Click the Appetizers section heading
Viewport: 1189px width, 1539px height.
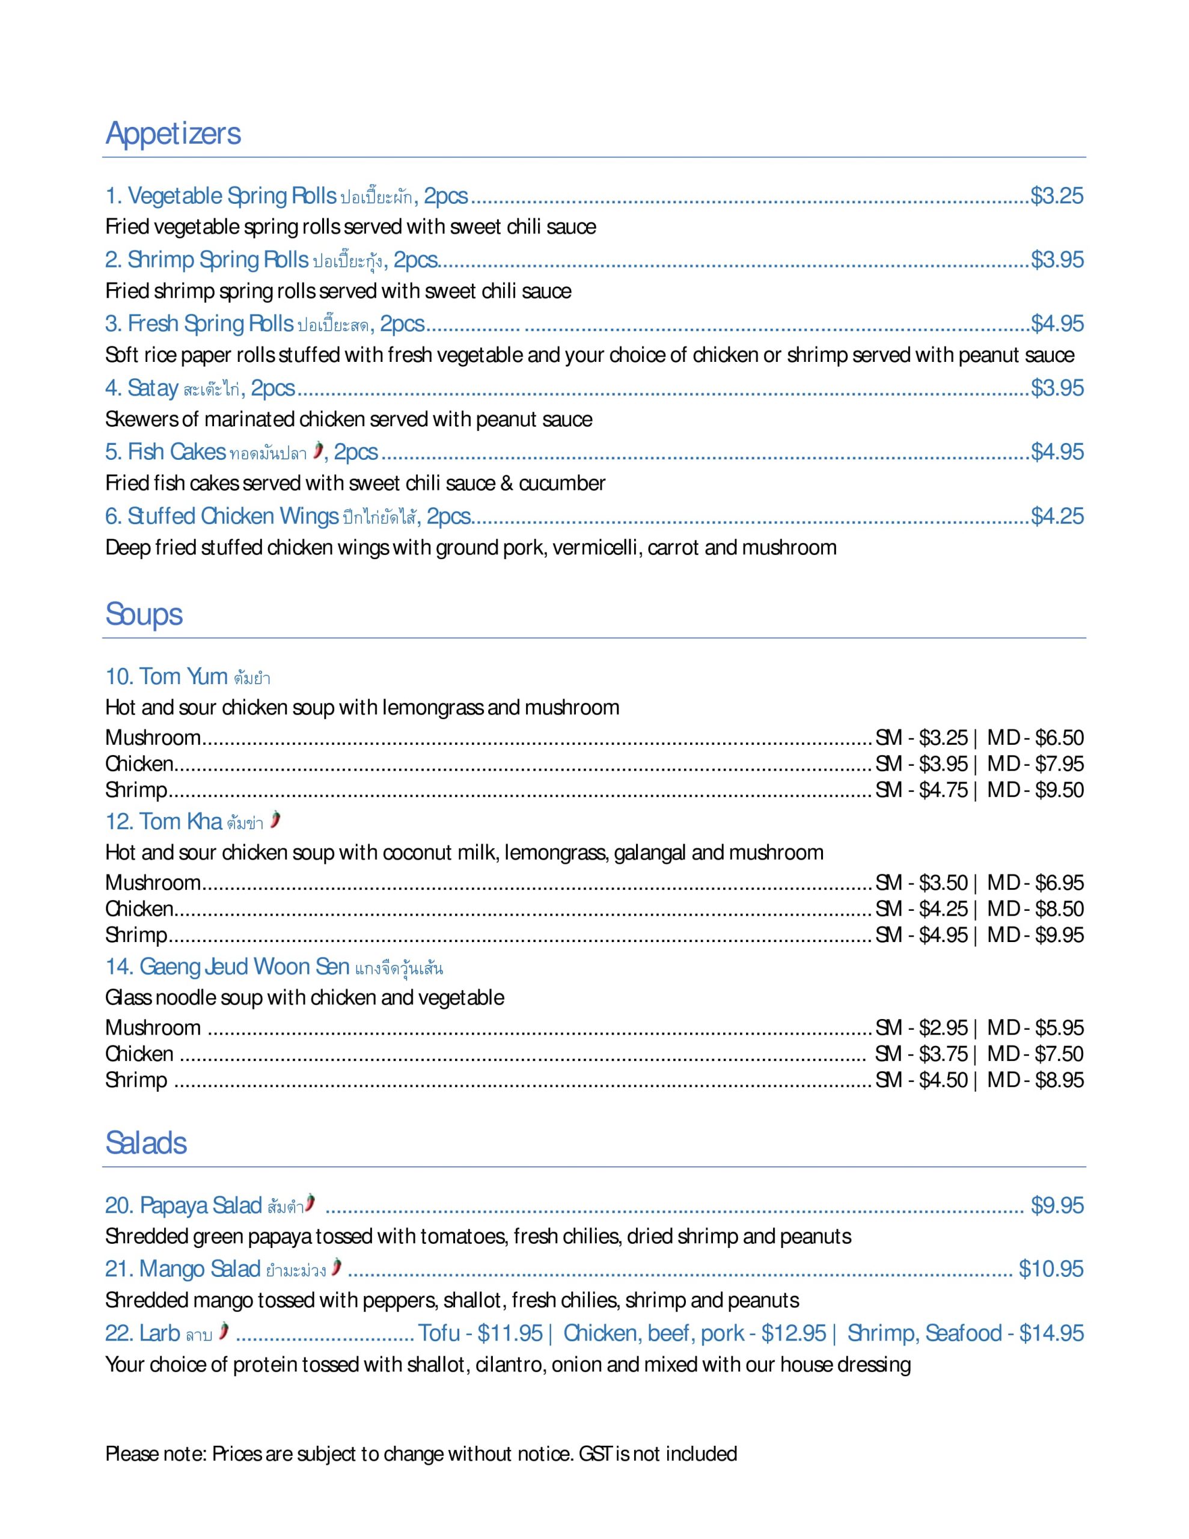click(x=173, y=134)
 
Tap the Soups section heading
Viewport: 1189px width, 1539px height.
click(x=144, y=614)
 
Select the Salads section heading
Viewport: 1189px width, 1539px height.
click(x=146, y=1143)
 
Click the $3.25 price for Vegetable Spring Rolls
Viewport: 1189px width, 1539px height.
click(x=1057, y=196)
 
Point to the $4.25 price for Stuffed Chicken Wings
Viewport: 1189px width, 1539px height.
click(x=1057, y=516)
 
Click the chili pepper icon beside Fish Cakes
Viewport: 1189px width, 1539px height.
click(x=319, y=450)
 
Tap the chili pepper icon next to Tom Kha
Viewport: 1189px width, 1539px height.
click(x=275, y=819)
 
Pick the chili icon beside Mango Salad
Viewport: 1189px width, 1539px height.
click(x=337, y=1267)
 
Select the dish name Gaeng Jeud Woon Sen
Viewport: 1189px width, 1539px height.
click(x=227, y=967)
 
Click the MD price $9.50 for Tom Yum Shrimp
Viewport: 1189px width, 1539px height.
click(x=1059, y=790)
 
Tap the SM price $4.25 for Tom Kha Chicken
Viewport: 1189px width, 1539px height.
click(x=943, y=909)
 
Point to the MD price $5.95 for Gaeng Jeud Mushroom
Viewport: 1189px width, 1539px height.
click(x=1059, y=1028)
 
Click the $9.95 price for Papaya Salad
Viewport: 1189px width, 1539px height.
click(x=1057, y=1206)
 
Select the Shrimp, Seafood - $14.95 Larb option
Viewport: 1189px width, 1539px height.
click(x=965, y=1333)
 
